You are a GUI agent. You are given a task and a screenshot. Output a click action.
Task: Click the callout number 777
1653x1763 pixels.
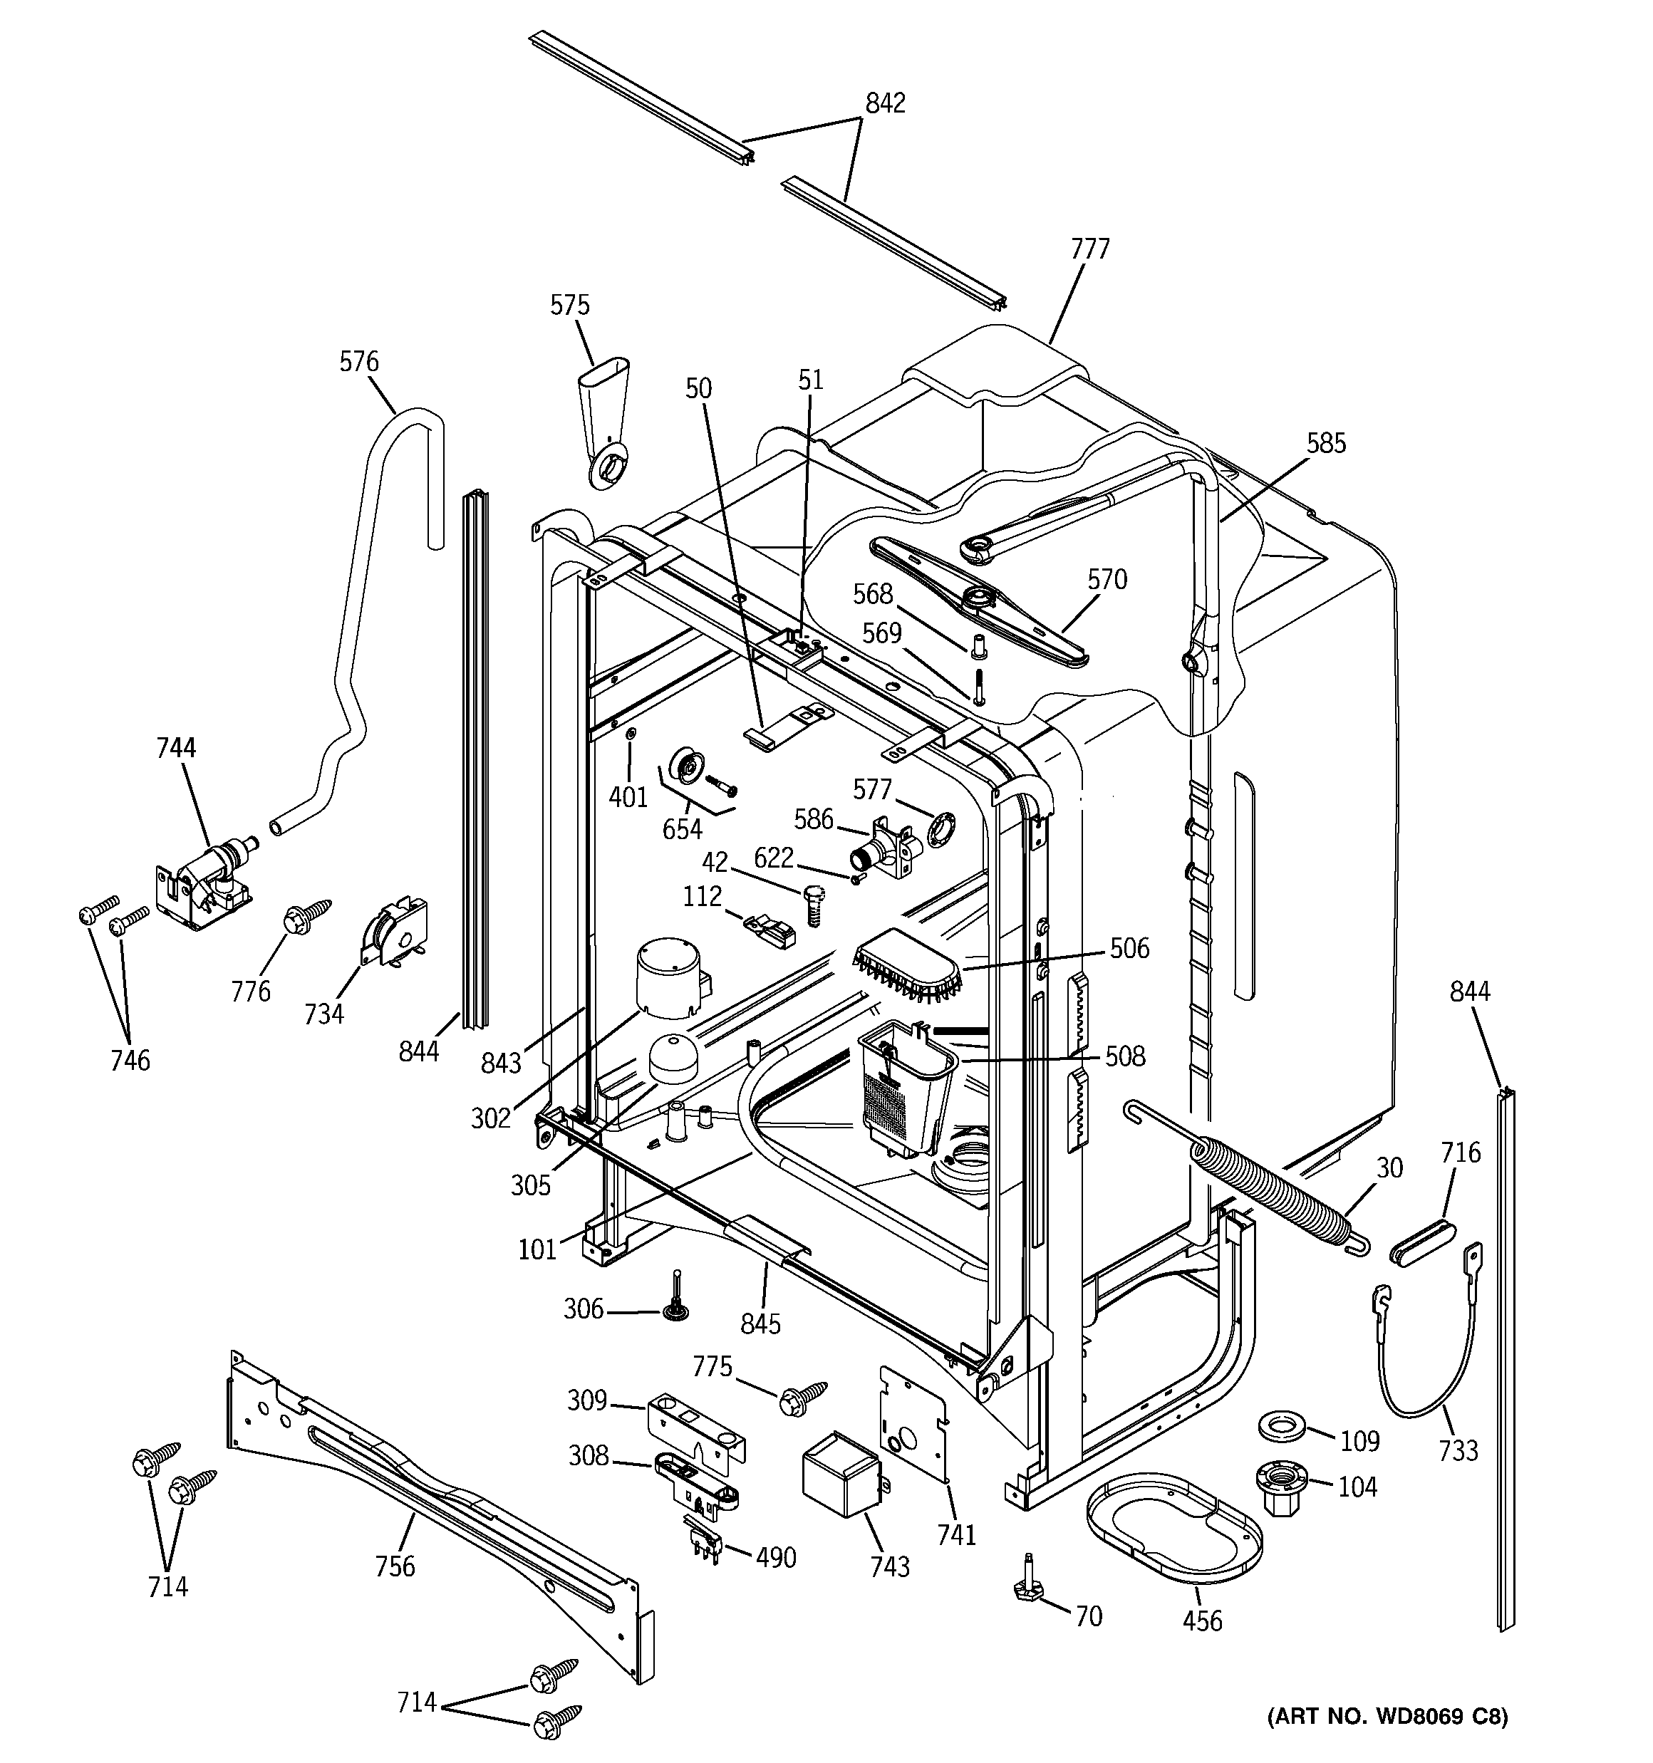[x=1089, y=249]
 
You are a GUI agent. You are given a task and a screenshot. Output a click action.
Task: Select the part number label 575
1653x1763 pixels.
[x=569, y=305]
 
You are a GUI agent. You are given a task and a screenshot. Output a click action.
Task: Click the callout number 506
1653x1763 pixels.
[x=1129, y=948]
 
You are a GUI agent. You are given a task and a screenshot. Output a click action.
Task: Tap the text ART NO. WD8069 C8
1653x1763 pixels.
[x=1387, y=1716]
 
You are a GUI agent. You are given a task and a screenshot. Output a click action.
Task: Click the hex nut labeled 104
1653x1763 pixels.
[x=1281, y=1487]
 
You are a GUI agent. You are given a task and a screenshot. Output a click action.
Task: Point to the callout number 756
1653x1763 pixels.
[x=395, y=1566]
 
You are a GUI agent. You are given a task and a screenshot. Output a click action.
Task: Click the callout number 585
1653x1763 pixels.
[x=1325, y=443]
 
